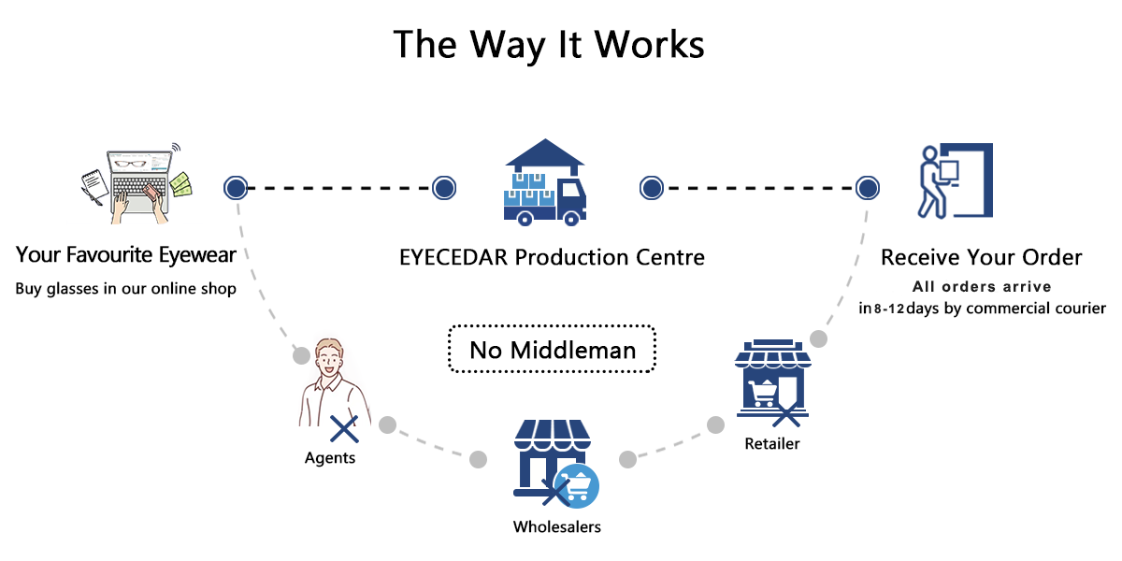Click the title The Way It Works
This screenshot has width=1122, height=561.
549,45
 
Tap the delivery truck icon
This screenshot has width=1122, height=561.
545,183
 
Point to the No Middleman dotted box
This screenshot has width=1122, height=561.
552,350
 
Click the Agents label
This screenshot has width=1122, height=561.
330,458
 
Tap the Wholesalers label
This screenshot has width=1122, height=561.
556,526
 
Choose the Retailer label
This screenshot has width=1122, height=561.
772,443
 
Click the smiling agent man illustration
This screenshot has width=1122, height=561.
330,383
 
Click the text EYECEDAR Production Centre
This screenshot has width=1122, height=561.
552,256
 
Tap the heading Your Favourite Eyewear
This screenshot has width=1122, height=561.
126,254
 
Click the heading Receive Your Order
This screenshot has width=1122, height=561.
982,257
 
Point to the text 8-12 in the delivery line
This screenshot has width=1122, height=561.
888,309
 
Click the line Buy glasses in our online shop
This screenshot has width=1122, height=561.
126,289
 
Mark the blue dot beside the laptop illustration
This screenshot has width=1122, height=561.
236,188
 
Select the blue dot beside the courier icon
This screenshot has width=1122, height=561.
869,188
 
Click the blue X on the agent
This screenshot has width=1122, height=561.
344,429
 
